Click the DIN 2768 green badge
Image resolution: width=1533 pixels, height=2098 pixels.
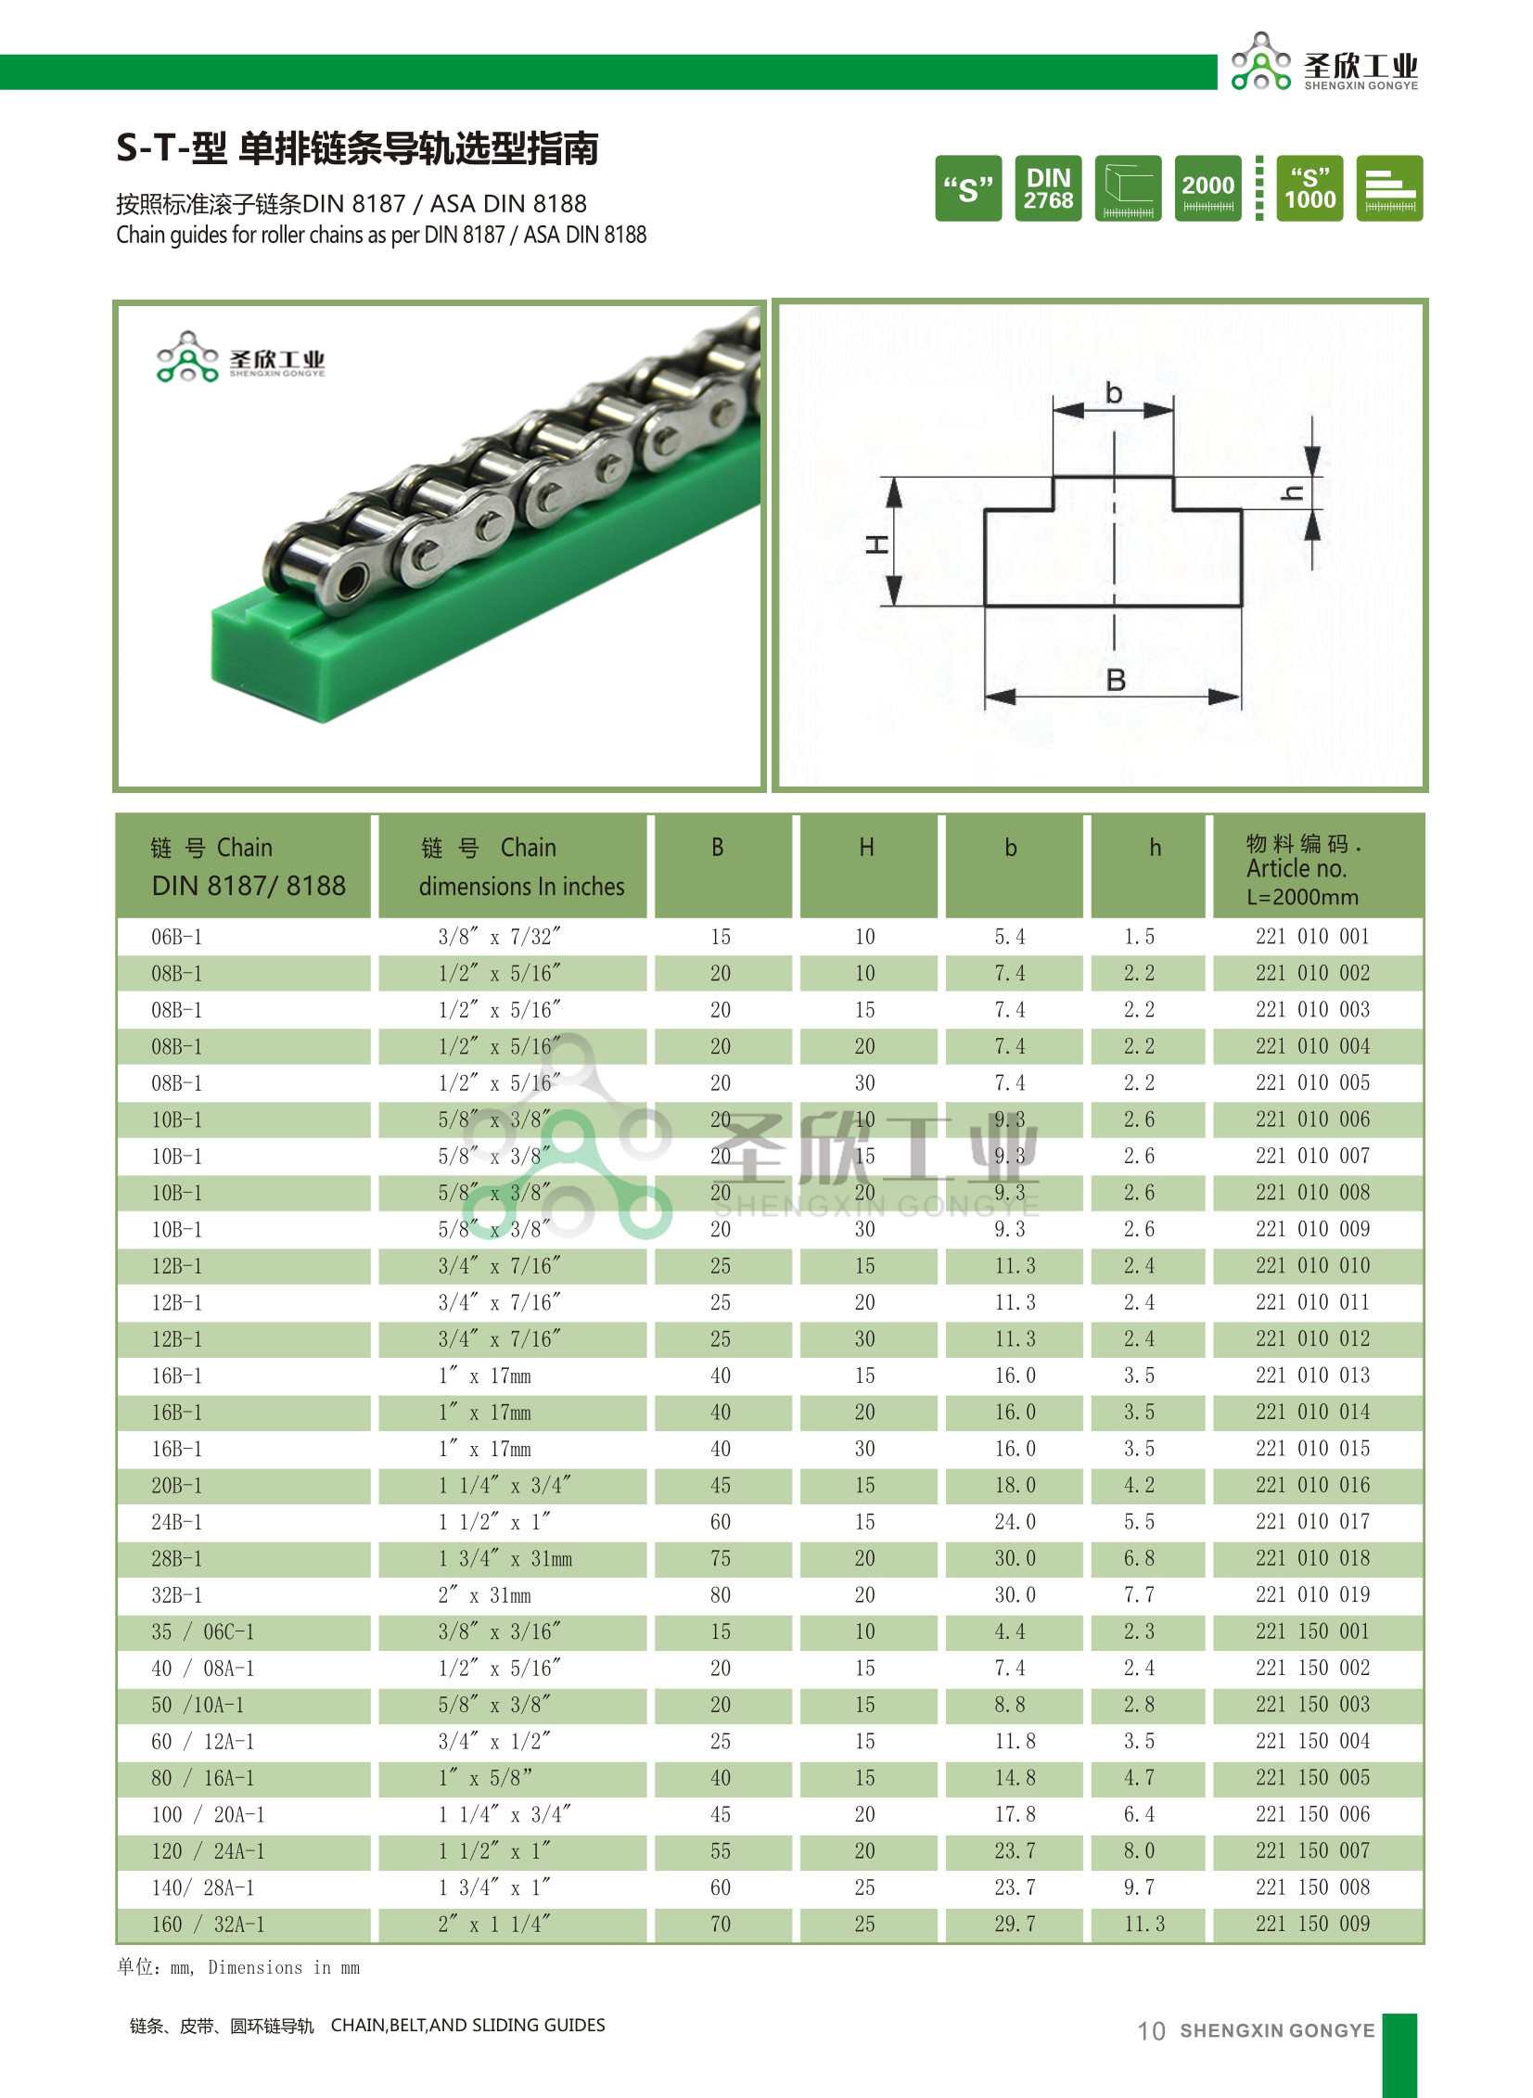(1048, 188)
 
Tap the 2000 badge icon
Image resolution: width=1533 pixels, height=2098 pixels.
(1207, 188)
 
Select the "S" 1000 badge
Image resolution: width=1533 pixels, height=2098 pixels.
(1309, 188)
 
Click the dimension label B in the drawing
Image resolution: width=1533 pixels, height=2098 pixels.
(1116, 680)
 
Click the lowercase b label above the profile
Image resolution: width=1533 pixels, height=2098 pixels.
(1114, 393)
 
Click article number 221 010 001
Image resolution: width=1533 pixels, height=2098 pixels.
(1312, 936)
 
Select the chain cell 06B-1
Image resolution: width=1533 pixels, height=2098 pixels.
(176, 937)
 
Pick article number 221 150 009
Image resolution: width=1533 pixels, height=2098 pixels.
(1312, 1924)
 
